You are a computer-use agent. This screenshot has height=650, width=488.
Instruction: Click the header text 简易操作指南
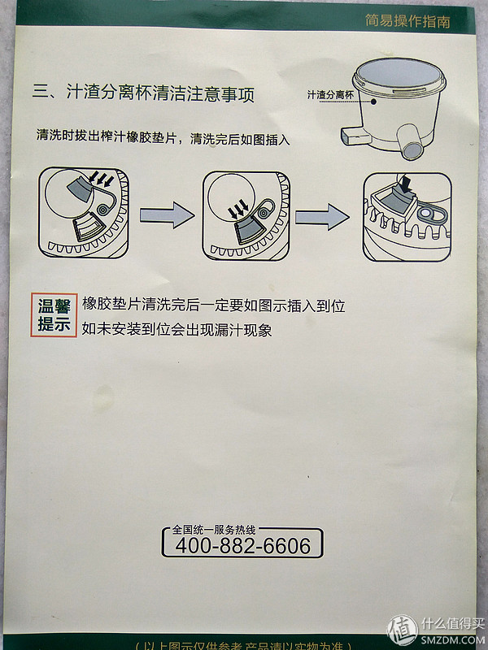tap(418, 21)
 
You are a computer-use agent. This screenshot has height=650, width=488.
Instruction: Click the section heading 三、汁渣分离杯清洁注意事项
tap(143, 93)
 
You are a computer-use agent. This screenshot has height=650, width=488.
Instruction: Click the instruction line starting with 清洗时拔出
tap(163, 137)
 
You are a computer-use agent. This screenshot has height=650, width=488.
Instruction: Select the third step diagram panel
tap(407, 216)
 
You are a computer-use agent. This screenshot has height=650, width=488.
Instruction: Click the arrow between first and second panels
tap(167, 215)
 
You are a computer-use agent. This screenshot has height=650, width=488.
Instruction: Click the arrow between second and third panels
tap(322, 216)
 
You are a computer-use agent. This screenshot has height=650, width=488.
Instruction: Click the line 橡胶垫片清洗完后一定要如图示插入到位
tap(213, 305)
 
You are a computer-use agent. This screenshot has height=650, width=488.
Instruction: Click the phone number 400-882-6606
tap(242, 546)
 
